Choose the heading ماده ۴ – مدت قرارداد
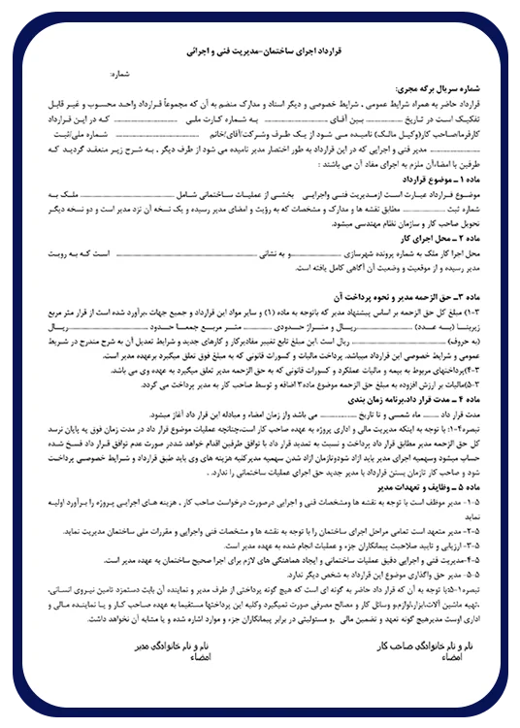pos(427,398)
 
